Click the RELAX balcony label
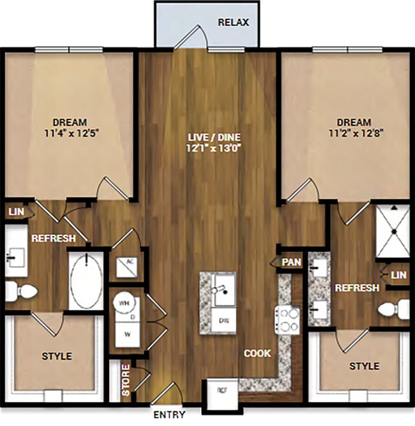(x=233, y=22)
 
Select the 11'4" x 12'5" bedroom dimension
(x=70, y=134)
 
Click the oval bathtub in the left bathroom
(x=85, y=281)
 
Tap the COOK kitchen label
(x=257, y=353)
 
